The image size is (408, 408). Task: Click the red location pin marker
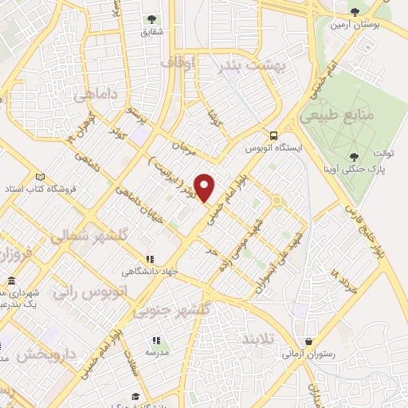pos(205,186)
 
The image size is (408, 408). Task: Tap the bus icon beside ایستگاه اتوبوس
pos(273,135)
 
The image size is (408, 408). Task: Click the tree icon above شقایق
pos(151,18)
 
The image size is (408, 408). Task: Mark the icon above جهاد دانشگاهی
pos(149,259)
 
